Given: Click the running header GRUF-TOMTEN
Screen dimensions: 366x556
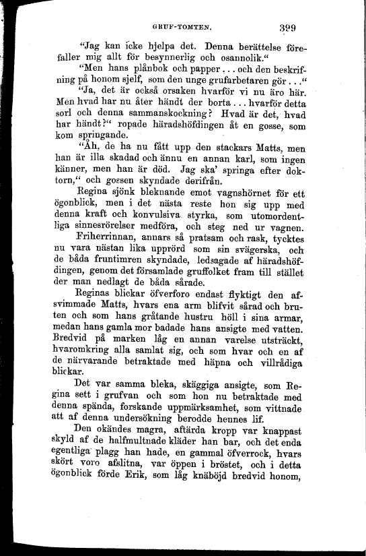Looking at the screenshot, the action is pos(182,28).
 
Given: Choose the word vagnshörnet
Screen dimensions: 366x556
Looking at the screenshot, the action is pos(247,196).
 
